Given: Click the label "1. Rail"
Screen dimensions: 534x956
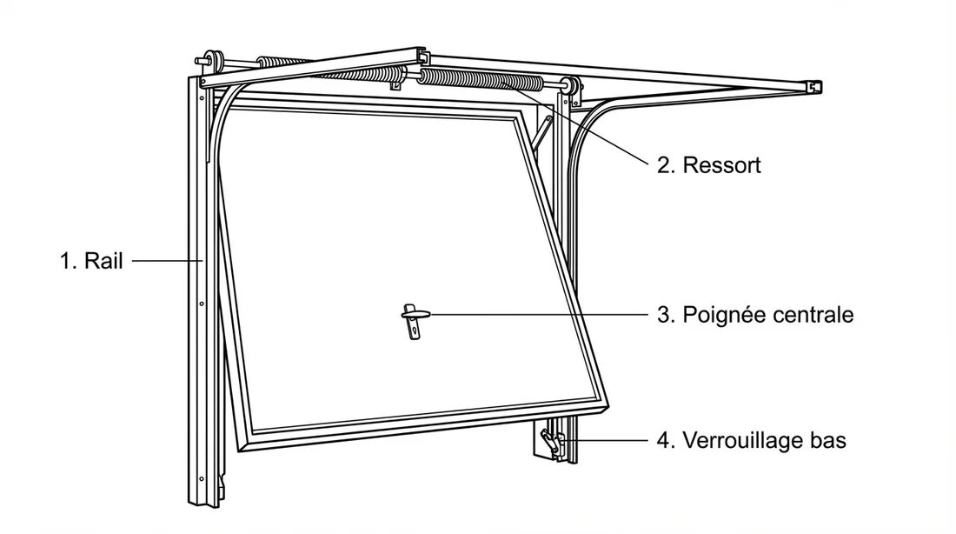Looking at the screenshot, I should (x=91, y=260).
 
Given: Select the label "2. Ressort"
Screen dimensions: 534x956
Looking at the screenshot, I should (x=708, y=165).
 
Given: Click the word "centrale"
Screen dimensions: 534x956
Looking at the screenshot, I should (x=814, y=315).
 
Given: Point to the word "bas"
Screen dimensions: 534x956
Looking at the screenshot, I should (x=827, y=441).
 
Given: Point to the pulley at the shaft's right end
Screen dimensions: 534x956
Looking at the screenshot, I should (x=571, y=88).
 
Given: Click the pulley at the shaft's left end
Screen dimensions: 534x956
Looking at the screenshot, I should (x=216, y=61).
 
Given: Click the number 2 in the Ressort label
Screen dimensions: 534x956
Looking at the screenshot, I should (x=663, y=165).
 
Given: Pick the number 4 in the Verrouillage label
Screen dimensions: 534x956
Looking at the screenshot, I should (x=663, y=441).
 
